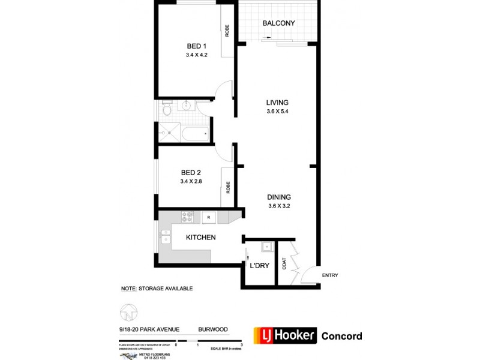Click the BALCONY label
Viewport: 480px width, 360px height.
278,23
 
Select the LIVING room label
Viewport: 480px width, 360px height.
278,102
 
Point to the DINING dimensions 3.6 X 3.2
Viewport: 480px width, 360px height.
280,206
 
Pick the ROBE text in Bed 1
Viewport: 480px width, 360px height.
227,31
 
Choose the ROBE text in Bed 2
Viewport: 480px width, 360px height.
227,188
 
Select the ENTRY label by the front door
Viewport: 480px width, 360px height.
330,276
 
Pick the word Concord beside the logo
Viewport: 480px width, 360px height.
342,336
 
